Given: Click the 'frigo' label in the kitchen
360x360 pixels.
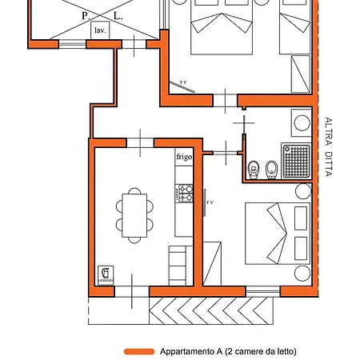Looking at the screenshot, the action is pos(184,157).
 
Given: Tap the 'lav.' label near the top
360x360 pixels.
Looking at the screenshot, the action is pos(100,30).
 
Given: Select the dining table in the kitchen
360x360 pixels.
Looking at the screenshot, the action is pos(134,215).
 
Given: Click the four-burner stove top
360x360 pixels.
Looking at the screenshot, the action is pos(184,194).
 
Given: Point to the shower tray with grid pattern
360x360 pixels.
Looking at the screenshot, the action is pos(297,161).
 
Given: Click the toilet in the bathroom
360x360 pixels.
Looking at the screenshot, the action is pos(254,170).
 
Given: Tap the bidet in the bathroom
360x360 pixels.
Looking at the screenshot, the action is pos(271,170).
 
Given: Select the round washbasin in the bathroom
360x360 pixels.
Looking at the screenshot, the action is pos(302,123).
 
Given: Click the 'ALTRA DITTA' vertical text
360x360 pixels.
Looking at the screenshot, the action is pos(329,146).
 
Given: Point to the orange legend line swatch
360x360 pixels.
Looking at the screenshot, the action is pos(139,351).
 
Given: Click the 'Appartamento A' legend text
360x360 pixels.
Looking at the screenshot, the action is pos(191,351).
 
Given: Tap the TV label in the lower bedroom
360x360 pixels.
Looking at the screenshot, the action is pos(210,202).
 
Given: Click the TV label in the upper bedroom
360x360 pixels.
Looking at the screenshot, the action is pos(183,82).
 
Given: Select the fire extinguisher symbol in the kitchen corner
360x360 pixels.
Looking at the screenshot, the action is pos(106,275).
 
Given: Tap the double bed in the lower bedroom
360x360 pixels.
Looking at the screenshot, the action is pos(278,234).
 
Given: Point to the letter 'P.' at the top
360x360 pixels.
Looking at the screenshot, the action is pos(86,16).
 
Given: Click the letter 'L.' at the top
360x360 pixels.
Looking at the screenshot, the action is pos(118,16).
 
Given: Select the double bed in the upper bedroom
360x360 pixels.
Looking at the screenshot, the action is pos(222,26).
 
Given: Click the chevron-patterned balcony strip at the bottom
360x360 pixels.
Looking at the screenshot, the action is pos(211,310).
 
